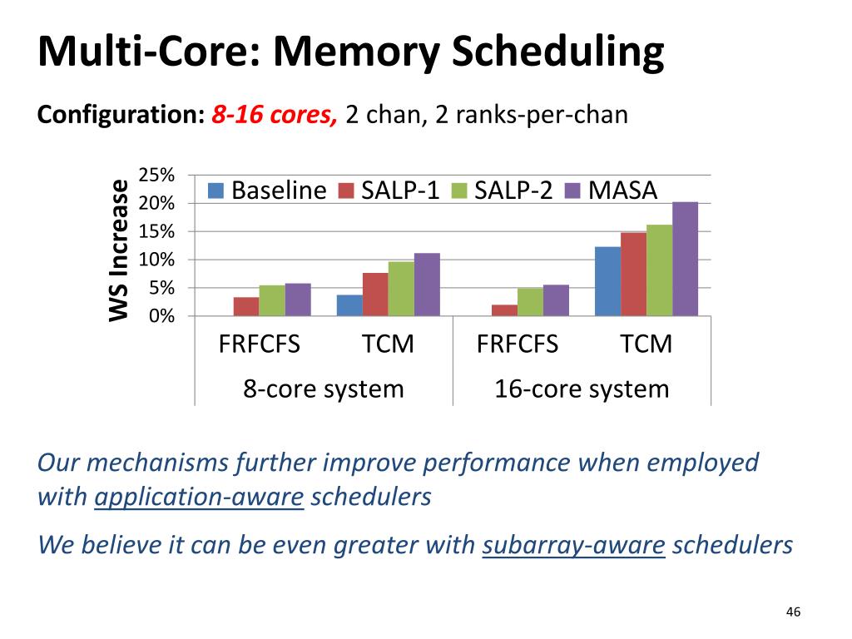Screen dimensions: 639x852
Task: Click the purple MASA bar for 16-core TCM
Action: [686, 259]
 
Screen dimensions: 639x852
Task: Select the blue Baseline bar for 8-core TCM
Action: [349, 305]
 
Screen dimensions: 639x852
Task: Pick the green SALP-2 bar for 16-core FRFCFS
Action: [530, 302]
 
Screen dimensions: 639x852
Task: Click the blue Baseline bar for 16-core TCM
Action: [607, 281]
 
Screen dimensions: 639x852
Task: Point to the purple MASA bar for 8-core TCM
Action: [427, 285]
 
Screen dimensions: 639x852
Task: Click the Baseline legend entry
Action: [267, 191]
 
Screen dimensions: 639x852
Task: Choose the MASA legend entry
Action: [612, 191]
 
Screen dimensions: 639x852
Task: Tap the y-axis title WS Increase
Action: [119, 250]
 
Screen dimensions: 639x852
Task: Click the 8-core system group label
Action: [324, 389]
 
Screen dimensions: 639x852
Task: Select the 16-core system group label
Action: [582, 389]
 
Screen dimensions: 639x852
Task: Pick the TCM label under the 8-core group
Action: [388, 344]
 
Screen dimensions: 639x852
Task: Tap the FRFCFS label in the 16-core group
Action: [517, 344]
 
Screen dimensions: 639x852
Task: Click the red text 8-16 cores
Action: [275, 115]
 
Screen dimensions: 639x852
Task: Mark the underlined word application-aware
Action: [199, 498]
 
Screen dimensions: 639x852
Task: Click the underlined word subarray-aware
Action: [574, 545]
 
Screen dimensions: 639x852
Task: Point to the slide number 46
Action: [793, 612]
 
